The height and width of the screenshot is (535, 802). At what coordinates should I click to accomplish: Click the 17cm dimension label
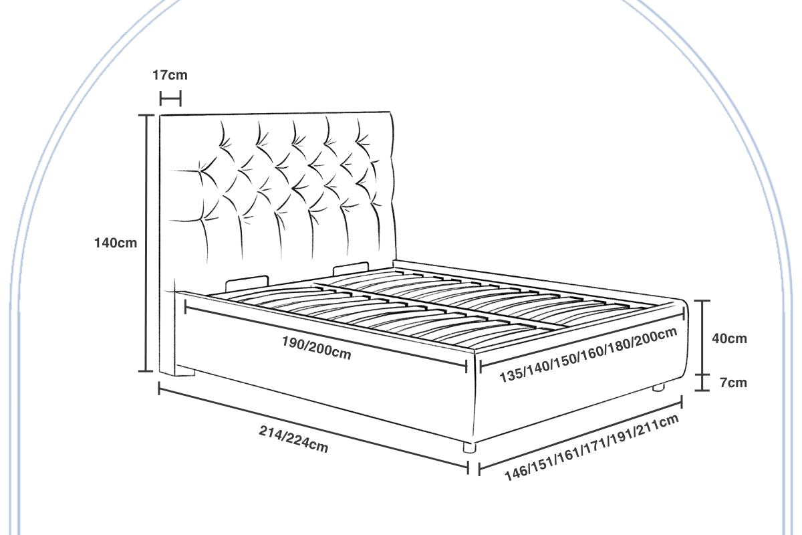[x=170, y=75]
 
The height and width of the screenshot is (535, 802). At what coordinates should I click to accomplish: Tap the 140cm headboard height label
[x=115, y=243]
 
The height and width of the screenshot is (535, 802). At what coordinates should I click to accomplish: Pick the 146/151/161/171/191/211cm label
[x=591, y=447]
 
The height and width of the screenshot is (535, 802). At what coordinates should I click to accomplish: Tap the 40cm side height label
[x=729, y=338]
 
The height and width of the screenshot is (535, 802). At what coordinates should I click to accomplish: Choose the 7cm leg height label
[x=733, y=383]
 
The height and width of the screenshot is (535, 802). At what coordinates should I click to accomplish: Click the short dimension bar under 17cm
[x=170, y=100]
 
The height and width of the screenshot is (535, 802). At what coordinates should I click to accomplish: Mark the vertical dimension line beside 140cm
[x=146, y=243]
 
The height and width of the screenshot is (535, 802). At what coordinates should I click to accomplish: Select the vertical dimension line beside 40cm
[x=701, y=337]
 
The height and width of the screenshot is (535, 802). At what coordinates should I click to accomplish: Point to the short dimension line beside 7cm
[x=701, y=383]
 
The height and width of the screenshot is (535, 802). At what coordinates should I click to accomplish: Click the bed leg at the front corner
[x=469, y=447]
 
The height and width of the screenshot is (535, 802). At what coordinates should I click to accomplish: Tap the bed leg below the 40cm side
[x=659, y=387]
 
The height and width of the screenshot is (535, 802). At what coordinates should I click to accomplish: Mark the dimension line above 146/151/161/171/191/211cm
[x=580, y=434]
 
